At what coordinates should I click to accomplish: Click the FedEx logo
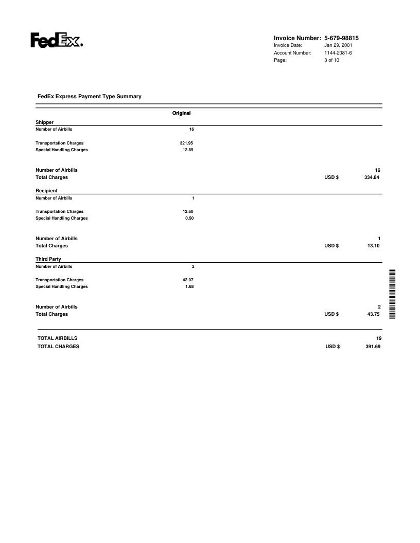click(57, 40)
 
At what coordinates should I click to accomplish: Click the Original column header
click(182, 113)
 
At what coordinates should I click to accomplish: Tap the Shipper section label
click(44, 122)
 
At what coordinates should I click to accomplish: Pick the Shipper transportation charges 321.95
click(186, 142)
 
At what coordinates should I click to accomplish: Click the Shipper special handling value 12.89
click(188, 150)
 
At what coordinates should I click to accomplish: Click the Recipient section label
click(46, 191)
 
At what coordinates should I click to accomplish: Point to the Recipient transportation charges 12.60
click(188, 211)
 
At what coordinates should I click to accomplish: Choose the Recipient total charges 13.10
click(372, 246)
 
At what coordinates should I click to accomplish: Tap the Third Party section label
click(48, 259)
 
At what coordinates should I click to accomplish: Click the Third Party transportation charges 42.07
click(188, 279)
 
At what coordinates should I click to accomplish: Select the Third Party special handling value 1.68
click(189, 286)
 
